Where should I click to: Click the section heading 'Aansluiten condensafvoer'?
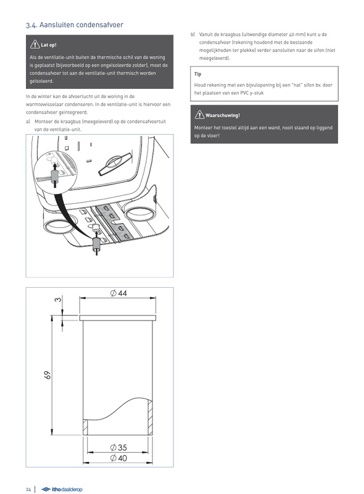click(81, 25)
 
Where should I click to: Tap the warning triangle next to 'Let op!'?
click(35, 44)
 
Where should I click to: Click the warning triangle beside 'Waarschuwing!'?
click(200, 115)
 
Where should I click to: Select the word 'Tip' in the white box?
click(198, 74)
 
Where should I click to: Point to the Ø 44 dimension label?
click(118, 293)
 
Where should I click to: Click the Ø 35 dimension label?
click(118, 447)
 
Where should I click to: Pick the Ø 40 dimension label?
click(118, 458)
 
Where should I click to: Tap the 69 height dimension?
click(48, 375)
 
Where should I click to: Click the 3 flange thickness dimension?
click(58, 299)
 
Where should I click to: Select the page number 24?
click(28, 489)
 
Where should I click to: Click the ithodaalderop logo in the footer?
click(62, 489)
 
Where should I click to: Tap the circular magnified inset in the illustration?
click(56, 170)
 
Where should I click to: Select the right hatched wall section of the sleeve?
click(150, 417)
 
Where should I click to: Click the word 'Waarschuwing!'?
click(223, 115)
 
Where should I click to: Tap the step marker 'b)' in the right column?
click(192, 35)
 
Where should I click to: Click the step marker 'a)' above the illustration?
click(28, 122)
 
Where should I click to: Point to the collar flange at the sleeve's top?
click(118, 317)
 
